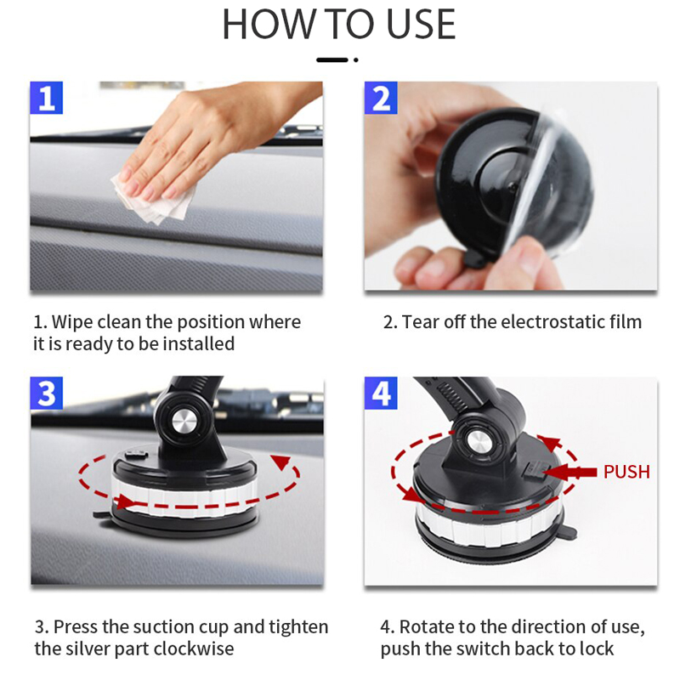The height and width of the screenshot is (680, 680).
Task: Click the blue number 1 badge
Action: pos(47,98)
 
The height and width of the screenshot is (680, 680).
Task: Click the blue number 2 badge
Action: pos(381,98)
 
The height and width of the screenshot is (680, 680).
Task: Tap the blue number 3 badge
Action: pos(47,393)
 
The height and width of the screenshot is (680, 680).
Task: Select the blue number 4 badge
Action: pos(381,393)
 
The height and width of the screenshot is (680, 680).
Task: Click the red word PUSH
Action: pos(626,472)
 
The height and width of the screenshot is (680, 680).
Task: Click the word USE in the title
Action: pos(420,25)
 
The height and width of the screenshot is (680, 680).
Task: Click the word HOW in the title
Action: pos(269,25)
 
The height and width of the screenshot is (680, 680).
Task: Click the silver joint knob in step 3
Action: pos(184,421)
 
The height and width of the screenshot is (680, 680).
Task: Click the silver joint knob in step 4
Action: pos(479,442)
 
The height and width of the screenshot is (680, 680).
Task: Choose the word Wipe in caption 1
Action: pos(72,322)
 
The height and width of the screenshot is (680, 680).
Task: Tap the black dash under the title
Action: pos(332,59)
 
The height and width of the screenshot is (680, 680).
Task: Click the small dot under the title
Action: pos(355,59)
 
